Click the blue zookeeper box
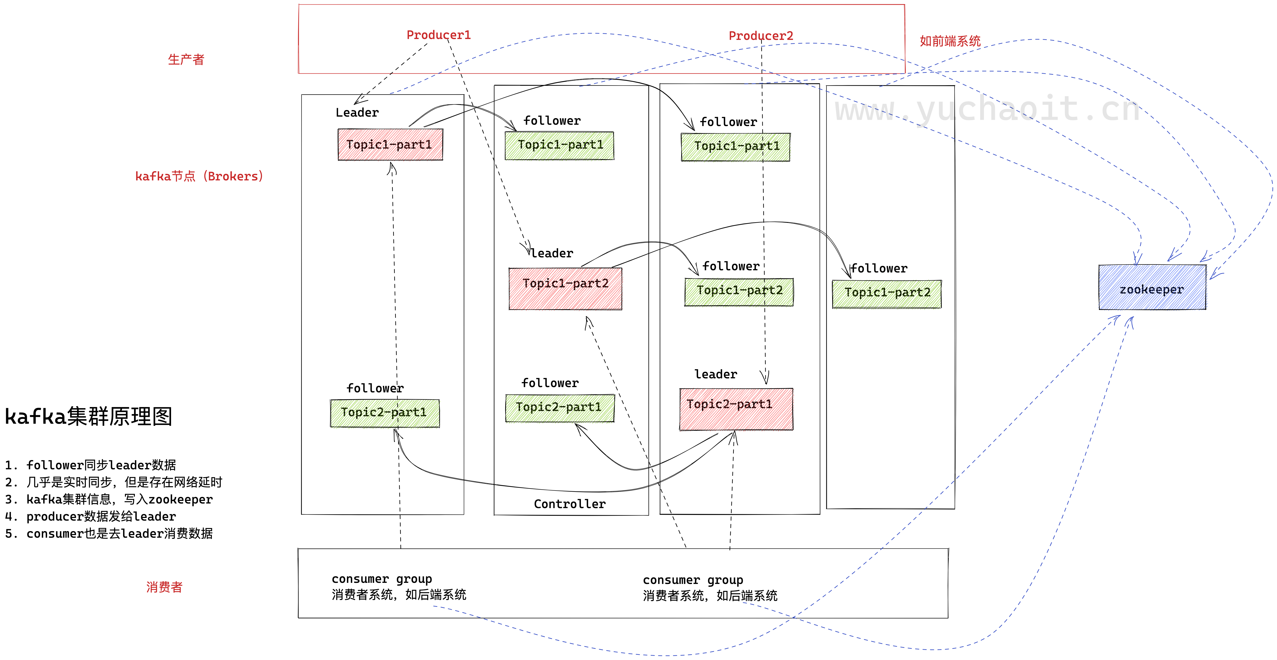tap(1151, 288)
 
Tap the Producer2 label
tap(761, 36)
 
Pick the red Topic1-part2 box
tap(565, 289)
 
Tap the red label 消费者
tap(164, 587)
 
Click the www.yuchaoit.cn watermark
tap(987, 109)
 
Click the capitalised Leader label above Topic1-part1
tap(357, 113)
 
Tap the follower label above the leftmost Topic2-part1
tap(375, 388)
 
